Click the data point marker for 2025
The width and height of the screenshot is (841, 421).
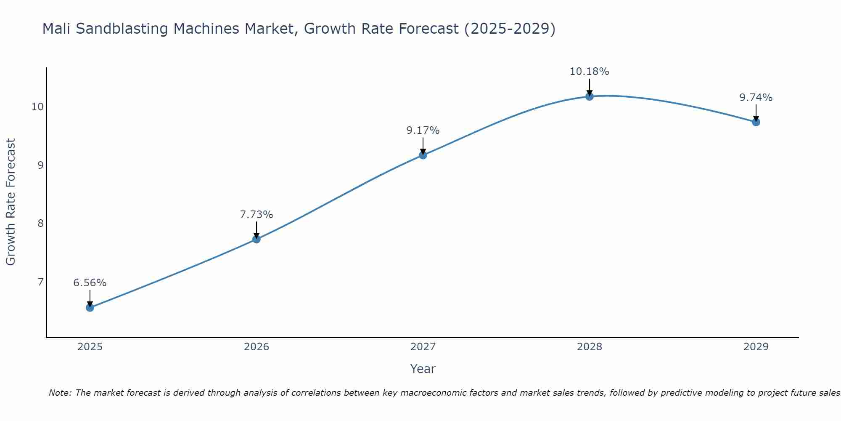coord(90,307)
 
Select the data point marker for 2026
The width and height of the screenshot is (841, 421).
coord(257,239)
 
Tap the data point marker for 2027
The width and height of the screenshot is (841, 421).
coord(423,155)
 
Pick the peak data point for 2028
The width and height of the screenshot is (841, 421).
coord(590,96)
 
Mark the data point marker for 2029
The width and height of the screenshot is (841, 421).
coord(756,122)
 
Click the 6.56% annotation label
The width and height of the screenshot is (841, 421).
coord(90,283)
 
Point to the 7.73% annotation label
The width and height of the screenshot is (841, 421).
coord(257,215)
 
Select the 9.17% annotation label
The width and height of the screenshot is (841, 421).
coord(423,131)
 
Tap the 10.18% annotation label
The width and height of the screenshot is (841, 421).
coord(590,72)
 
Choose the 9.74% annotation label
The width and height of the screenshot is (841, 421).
coord(756,98)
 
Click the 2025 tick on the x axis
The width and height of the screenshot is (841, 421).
coord(90,347)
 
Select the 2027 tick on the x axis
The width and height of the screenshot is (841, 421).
coord(423,347)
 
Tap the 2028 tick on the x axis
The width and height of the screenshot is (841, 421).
coord(590,347)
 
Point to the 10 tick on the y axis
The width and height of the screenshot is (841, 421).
coord(37,107)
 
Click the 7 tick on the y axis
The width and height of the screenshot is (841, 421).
coord(40,282)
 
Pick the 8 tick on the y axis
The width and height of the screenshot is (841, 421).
coord(40,223)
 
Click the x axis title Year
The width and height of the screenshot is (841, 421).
coord(423,369)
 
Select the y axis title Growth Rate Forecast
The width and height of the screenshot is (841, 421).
coord(11,202)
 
